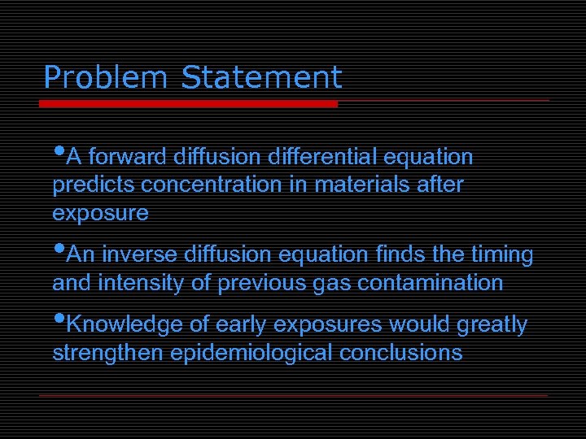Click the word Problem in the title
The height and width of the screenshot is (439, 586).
[106, 78]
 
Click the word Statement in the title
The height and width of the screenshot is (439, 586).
[261, 78]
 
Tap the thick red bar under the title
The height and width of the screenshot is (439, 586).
[188, 104]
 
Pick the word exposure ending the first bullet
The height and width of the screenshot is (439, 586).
[100, 214]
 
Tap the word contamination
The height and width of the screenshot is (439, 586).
[431, 284]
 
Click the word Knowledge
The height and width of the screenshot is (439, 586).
[124, 325]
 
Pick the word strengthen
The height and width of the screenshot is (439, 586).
[107, 354]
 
